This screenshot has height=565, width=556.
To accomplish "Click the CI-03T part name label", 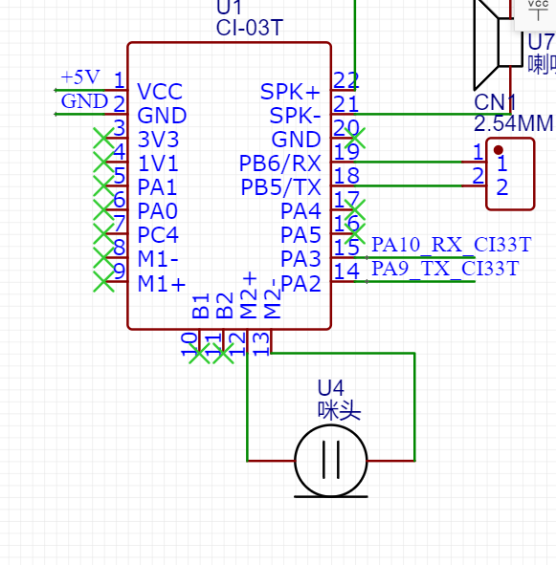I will coord(250,28).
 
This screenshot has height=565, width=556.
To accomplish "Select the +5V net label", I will coord(79,76).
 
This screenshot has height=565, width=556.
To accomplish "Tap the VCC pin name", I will coord(160,92).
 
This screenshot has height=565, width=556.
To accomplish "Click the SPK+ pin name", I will coord(290,92).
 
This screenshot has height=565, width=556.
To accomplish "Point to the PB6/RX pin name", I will coord(279,163).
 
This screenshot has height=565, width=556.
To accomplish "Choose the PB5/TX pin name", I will coord(280,186).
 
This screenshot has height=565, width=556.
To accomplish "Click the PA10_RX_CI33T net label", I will coord(450,245).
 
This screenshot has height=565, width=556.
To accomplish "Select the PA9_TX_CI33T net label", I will coord(445,269).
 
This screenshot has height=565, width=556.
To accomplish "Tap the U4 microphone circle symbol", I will coord(331,461).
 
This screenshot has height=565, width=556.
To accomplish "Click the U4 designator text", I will coord(330,387).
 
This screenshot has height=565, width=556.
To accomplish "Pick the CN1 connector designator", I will coord(495,102).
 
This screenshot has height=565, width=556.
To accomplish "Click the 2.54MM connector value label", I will coord(513,123).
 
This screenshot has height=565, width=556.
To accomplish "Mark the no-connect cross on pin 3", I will coord(102,139).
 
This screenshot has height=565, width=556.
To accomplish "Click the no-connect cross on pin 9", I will coord(102,281).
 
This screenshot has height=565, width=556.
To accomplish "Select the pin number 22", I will coord(346,80).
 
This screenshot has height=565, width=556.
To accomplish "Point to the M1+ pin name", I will coord(162,283).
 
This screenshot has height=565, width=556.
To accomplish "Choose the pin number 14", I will coord(346,272).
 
